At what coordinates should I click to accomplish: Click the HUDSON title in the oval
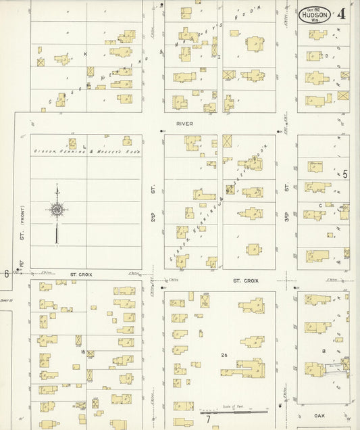pyautogui.click(x=315, y=14)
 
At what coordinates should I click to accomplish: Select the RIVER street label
pyautogui.click(x=184, y=124)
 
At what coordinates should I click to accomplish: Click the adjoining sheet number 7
pyautogui.click(x=209, y=419)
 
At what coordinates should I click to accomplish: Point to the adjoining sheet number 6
pyautogui.click(x=6, y=273)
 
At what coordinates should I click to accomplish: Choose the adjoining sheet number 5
pyautogui.click(x=344, y=174)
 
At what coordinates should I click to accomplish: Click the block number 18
pyautogui.click(x=82, y=352)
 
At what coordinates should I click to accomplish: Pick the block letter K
pyautogui.click(x=86, y=53)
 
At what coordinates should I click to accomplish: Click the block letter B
pyautogui.click(x=324, y=352)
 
